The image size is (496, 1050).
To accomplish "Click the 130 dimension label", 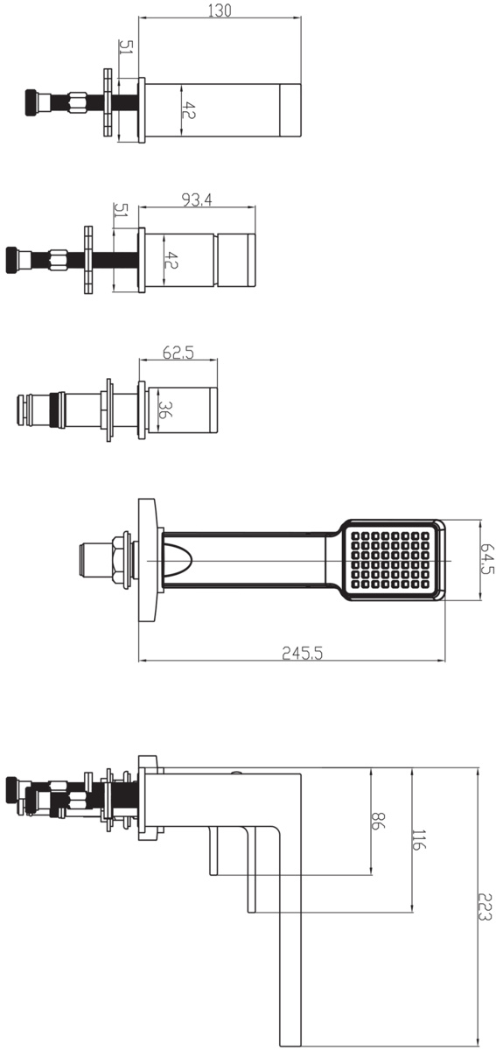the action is click(x=220, y=10).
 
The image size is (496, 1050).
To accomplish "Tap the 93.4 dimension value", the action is click(x=197, y=200).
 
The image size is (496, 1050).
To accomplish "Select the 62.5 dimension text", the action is click(x=178, y=353).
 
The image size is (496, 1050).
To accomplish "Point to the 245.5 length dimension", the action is click(x=303, y=653).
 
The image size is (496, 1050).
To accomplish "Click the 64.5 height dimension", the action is click(x=487, y=559).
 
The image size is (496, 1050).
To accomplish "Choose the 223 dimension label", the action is click(x=485, y=906).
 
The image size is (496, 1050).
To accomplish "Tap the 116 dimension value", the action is click(x=418, y=839).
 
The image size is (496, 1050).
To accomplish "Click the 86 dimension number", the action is click(x=377, y=821).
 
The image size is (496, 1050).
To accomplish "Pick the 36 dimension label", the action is click(x=166, y=409).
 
